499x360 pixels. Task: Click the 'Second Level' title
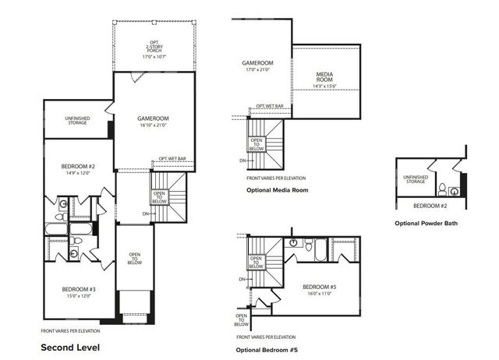[x=70, y=346]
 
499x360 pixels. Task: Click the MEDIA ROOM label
[x=325, y=76]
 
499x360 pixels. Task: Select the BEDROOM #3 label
[x=78, y=289]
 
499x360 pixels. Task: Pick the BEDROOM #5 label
[x=319, y=287]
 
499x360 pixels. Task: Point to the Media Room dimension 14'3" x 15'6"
[x=325, y=85]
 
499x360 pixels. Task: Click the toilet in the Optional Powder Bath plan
[x=442, y=189]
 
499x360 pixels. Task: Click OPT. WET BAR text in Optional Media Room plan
[x=270, y=105]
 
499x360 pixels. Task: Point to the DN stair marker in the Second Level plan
[x=145, y=214]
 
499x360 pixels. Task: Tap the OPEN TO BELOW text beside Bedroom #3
[x=134, y=259]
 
